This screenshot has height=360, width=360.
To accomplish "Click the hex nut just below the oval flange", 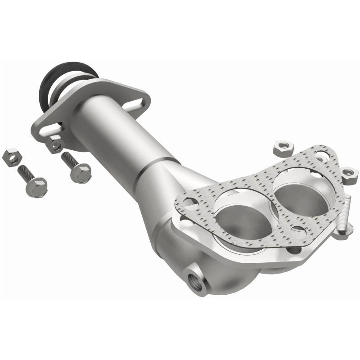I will pyautogui.click(x=56, y=145).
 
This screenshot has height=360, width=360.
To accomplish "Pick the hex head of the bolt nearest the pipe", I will pyautogui.click(x=81, y=172).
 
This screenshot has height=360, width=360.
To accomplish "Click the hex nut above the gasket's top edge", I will pyautogui.click(x=283, y=147).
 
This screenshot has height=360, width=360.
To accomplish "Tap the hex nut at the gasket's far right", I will pyautogui.click(x=349, y=173).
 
